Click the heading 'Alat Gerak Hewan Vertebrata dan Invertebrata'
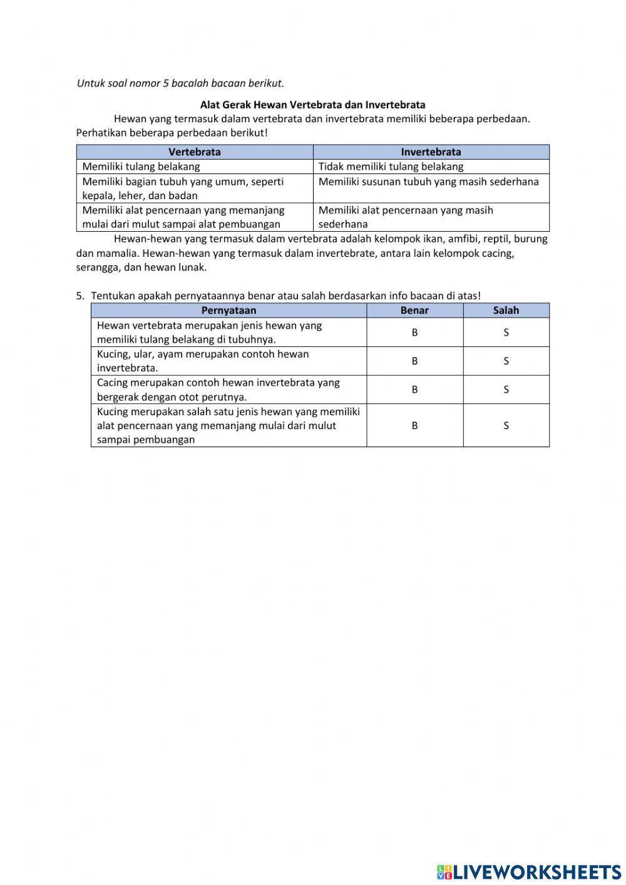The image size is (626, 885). (x=312, y=105)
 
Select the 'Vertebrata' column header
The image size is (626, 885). (x=195, y=152)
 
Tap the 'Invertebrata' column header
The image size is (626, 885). (x=431, y=152)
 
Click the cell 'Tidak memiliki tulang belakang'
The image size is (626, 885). (x=391, y=167)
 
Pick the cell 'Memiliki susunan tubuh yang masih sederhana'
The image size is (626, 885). (x=428, y=182)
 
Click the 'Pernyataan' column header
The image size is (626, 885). (x=228, y=310)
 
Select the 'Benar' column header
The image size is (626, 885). (x=414, y=310)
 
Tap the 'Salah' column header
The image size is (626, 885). (x=506, y=310)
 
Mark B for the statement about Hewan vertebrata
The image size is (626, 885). (x=414, y=333)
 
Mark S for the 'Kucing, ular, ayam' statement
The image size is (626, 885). (x=506, y=361)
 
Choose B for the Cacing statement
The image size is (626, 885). (x=414, y=390)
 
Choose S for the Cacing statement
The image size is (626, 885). (x=506, y=390)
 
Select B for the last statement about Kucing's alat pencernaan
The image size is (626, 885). (x=414, y=425)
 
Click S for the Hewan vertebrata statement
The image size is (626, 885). (x=506, y=333)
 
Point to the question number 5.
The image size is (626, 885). (x=80, y=296)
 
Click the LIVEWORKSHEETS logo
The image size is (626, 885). (x=529, y=871)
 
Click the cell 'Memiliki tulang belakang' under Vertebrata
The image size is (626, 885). (x=141, y=167)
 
